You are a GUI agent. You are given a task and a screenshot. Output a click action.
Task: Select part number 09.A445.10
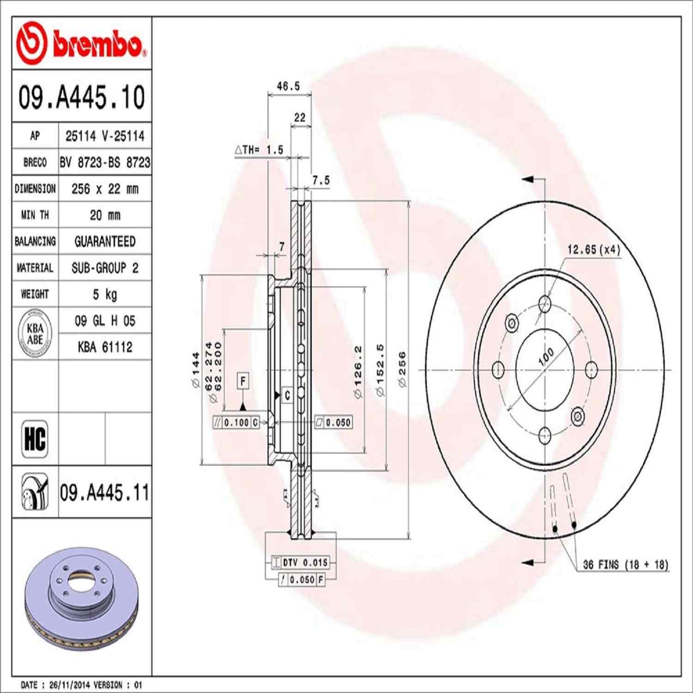pyautogui.click(x=82, y=97)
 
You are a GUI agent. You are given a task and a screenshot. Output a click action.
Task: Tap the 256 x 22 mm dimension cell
pyautogui.click(x=105, y=189)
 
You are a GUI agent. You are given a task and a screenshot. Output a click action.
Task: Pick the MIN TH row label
pyautogui.click(x=35, y=215)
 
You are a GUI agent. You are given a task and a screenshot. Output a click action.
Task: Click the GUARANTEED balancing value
pyautogui.click(x=105, y=241)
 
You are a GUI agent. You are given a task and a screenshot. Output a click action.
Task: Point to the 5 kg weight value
pyautogui.click(x=105, y=294)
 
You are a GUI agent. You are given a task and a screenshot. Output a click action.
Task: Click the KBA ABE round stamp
pyautogui.click(x=35, y=334)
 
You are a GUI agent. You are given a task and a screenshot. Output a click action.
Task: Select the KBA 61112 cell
pyautogui.click(x=105, y=347)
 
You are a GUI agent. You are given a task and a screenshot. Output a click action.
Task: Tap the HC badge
pyautogui.click(x=35, y=438)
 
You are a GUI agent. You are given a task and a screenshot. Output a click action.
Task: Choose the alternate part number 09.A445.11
pyautogui.click(x=105, y=493)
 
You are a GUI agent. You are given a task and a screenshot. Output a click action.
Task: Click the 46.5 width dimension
pyautogui.click(x=288, y=86)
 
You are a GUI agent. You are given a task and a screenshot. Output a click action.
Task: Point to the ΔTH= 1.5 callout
pyautogui.click(x=259, y=150)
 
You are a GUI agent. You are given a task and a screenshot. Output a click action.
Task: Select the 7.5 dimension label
pyautogui.click(x=321, y=180)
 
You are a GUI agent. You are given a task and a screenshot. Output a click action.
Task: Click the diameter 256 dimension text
pyautogui.click(x=402, y=369)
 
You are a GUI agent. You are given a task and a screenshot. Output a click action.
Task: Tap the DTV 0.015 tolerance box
pyautogui.click(x=305, y=562)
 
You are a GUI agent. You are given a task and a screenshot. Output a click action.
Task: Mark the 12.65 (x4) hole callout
pyautogui.click(x=593, y=250)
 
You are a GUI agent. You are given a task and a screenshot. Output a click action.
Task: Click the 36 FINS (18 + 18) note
pyautogui.click(x=625, y=564)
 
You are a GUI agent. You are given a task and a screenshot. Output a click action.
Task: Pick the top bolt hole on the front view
pyautogui.click(x=545, y=303)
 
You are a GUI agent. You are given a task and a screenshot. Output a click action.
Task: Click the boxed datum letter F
pyautogui.click(x=243, y=381)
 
